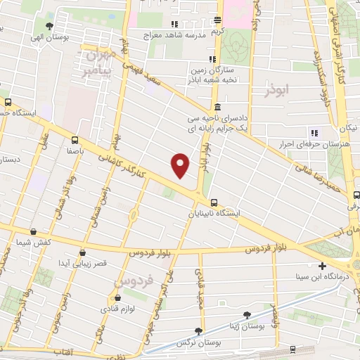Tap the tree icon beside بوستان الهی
click(x=49, y=27)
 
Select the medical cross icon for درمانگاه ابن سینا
click(x=322, y=266)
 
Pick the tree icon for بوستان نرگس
click(x=199, y=331)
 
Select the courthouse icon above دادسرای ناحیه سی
click(x=218, y=108)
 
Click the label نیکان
click(x=347, y=127)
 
